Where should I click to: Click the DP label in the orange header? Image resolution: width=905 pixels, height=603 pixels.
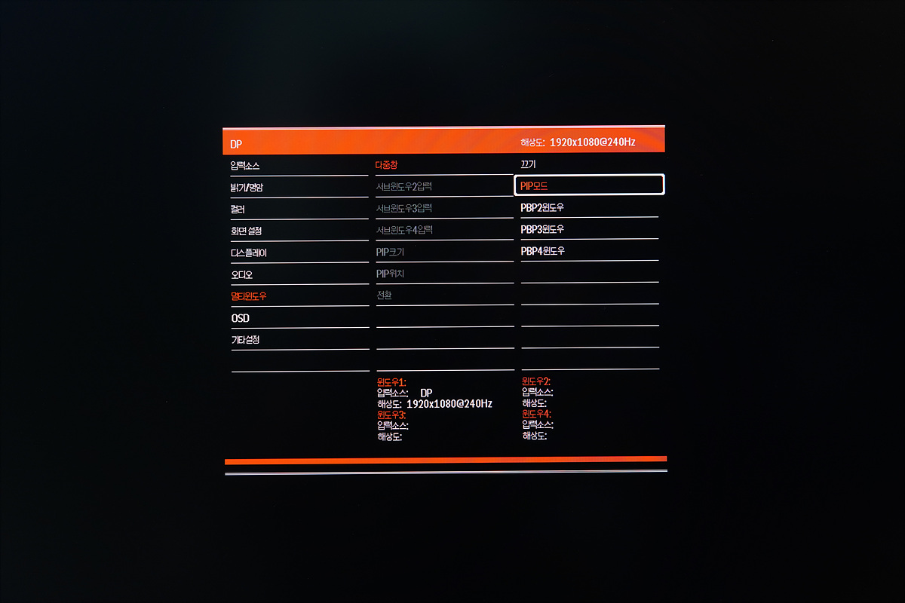[x=236, y=144]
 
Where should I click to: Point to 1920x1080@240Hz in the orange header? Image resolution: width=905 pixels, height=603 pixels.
[x=592, y=142]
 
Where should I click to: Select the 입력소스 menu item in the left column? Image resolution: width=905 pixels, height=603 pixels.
[x=245, y=166]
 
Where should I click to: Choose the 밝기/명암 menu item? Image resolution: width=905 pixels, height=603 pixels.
[x=247, y=188]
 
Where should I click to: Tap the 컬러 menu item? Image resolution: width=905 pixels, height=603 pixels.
[x=238, y=210]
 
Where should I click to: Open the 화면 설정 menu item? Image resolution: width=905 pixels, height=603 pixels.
[x=246, y=231]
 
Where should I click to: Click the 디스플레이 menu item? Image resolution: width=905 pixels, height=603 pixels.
[x=249, y=253]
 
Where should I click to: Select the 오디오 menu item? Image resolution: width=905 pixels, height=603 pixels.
[x=241, y=275]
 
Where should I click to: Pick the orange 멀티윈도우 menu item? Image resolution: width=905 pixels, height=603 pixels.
[x=249, y=296]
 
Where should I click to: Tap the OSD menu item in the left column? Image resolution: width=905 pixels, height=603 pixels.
[x=240, y=318]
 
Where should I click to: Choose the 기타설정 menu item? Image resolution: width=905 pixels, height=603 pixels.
[x=245, y=340]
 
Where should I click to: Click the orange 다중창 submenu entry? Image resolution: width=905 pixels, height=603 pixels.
[x=386, y=164]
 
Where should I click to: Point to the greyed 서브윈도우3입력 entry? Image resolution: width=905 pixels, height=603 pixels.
[x=404, y=208]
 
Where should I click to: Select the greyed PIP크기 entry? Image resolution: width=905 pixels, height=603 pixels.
[x=390, y=252]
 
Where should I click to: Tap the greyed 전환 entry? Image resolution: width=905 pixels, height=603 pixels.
[x=384, y=295]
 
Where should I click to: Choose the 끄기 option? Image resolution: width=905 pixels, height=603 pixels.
[x=528, y=164]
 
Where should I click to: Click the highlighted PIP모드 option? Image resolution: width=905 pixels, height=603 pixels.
[x=534, y=185]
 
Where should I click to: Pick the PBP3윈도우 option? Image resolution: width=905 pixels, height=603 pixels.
[x=542, y=229]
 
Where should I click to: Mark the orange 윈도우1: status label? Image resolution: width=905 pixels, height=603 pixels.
[x=391, y=382]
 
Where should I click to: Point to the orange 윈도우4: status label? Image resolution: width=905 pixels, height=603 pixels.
[x=536, y=414]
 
